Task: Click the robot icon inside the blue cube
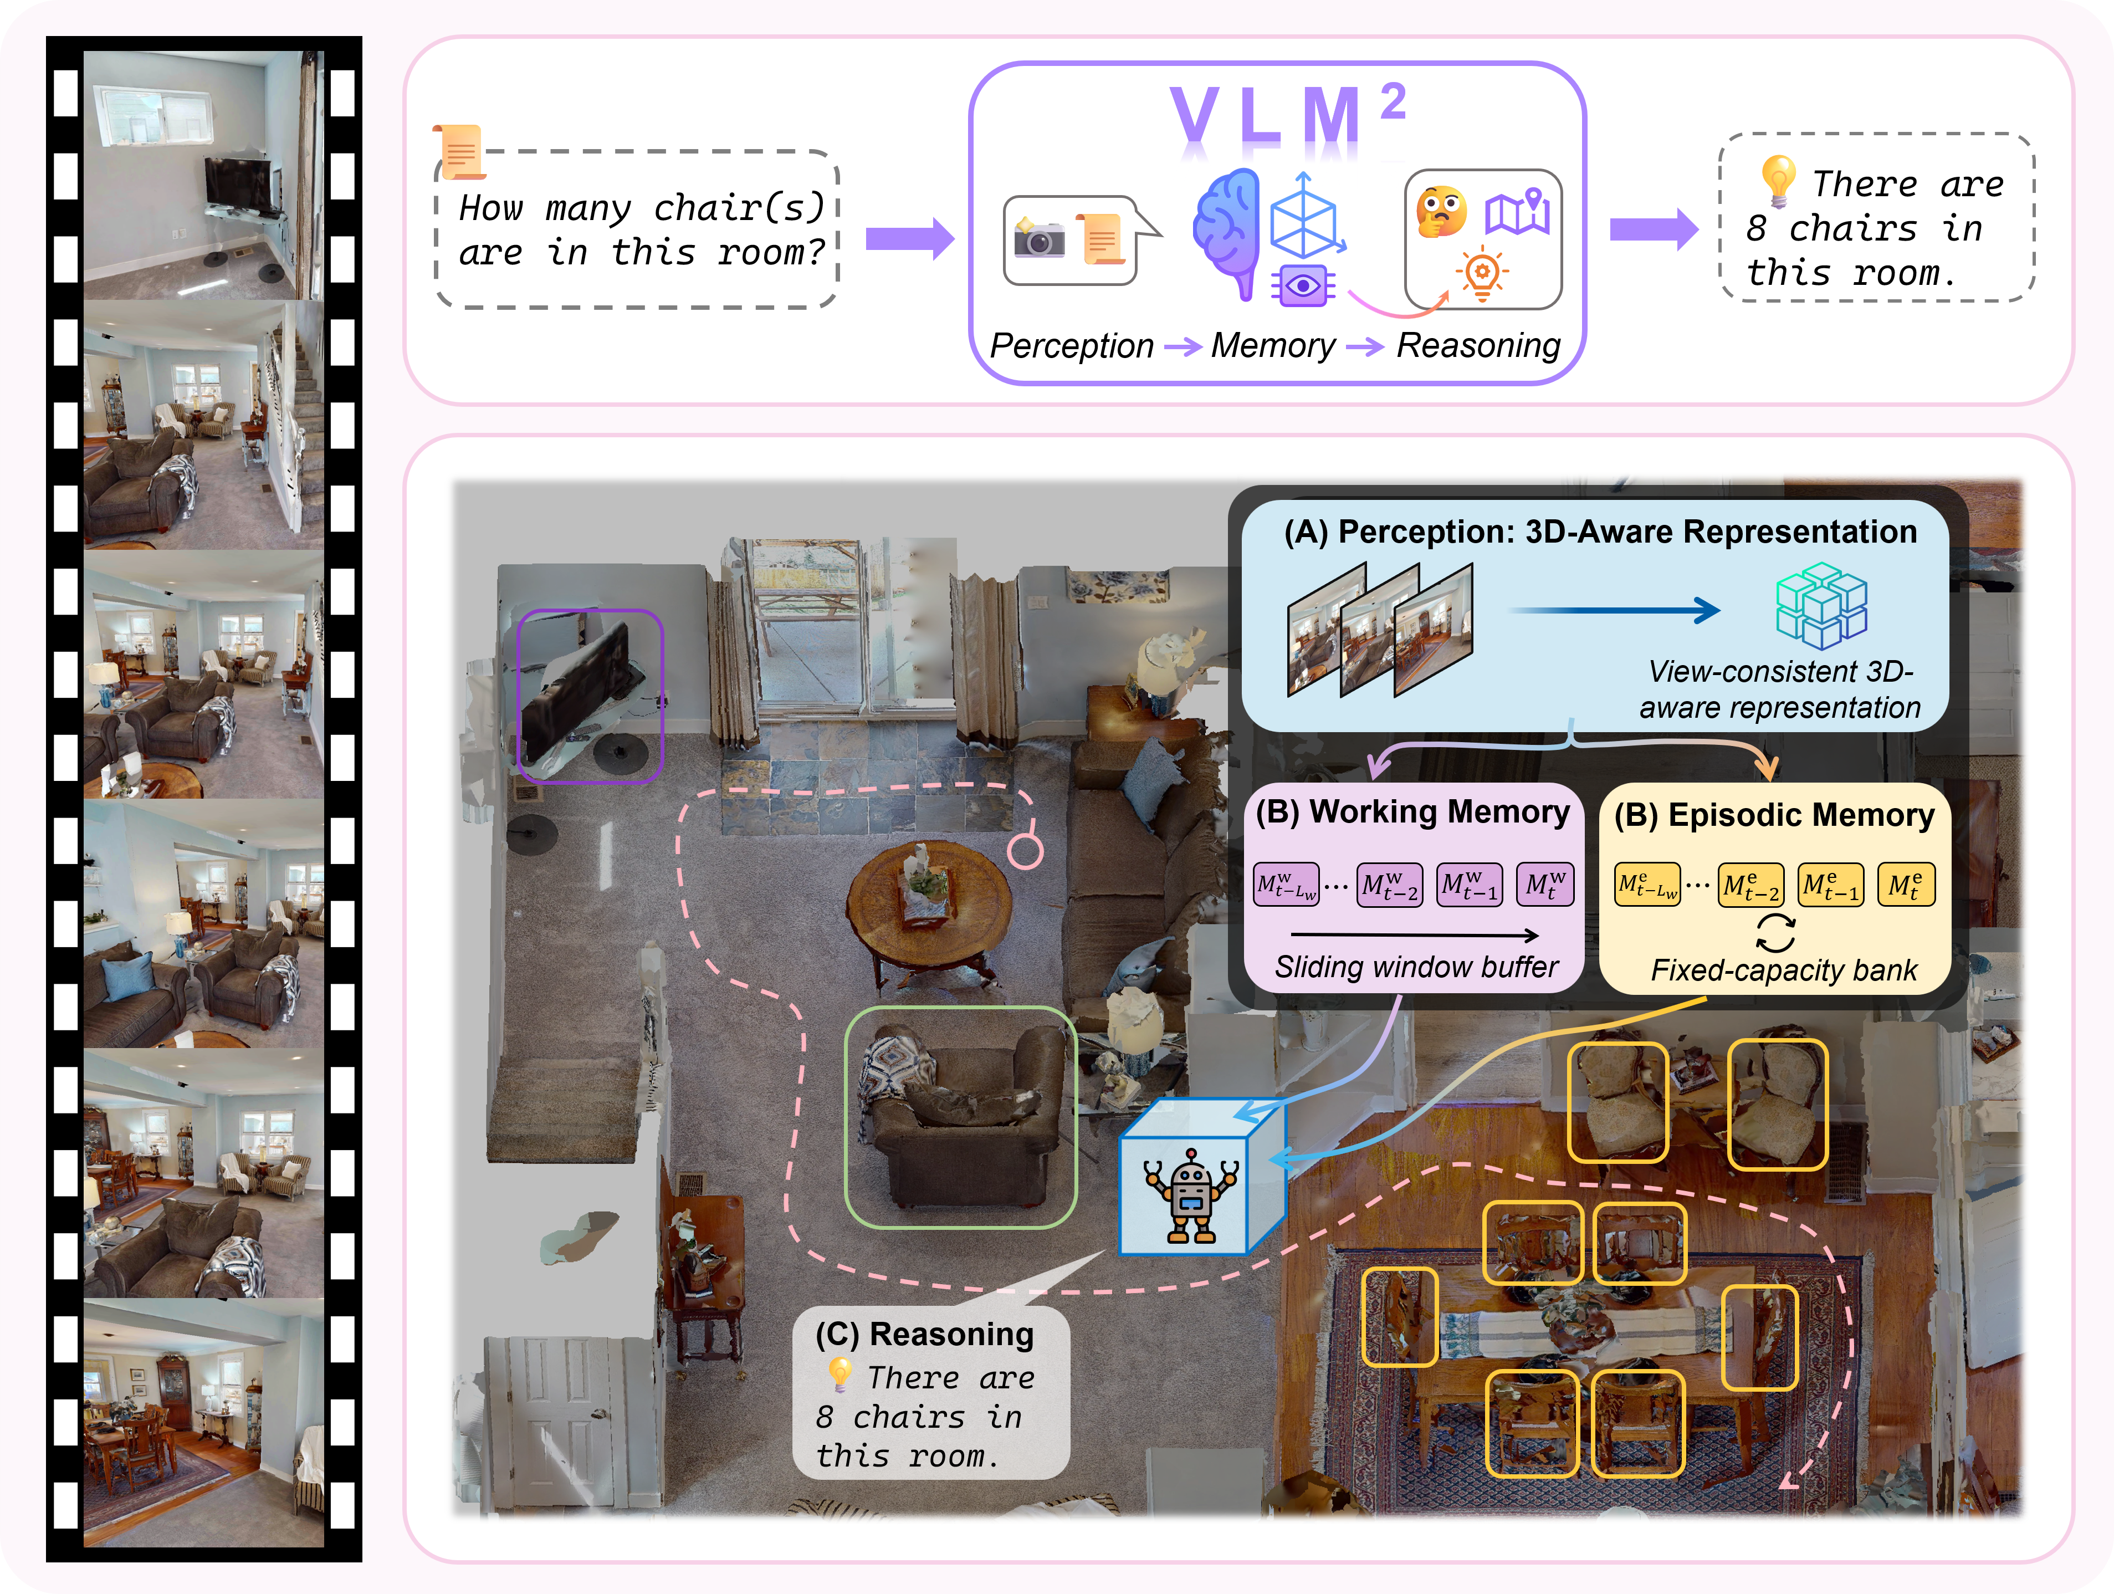[x=1190, y=1194]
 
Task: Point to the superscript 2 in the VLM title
[x=1394, y=101]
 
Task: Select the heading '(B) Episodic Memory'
[x=1774, y=815]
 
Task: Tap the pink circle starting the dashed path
[x=1026, y=850]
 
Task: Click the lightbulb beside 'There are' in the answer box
[x=1778, y=178]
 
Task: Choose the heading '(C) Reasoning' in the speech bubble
[x=924, y=1334]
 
